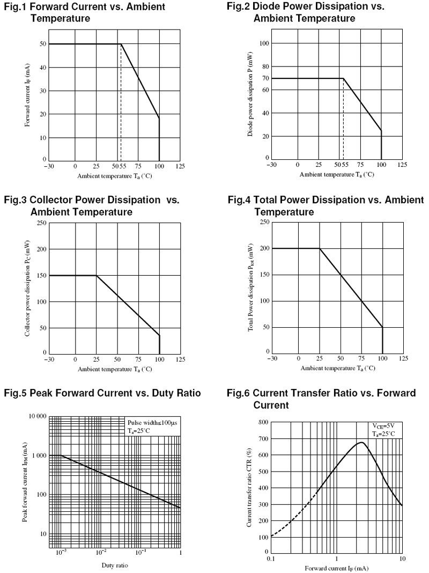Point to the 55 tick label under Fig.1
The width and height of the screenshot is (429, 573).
tap(122, 167)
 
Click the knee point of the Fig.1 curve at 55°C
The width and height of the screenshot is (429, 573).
tap(121, 44)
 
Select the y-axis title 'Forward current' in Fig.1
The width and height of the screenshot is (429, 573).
tap(27, 95)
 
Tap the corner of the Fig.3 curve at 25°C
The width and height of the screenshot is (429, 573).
tap(97, 275)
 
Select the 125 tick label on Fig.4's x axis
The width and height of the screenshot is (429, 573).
tap(403, 358)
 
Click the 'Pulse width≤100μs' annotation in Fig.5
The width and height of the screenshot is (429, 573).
tap(152, 423)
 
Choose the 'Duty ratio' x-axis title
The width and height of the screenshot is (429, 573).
tap(115, 565)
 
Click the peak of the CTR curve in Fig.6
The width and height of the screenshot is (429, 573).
tap(363, 443)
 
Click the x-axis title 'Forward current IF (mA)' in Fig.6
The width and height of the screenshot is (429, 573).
tap(336, 568)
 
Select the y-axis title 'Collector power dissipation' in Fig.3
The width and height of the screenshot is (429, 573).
tap(27, 288)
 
